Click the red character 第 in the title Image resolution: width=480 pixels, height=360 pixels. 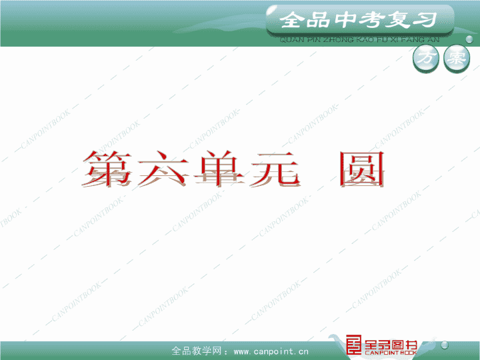(x=107, y=169)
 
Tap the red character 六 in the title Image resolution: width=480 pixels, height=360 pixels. (x=163, y=169)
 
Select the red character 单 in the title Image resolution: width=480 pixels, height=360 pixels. (x=219, y=169)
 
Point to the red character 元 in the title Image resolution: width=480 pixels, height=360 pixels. (x=275, y=169)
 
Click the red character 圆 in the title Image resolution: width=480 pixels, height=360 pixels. (x=362, y=169)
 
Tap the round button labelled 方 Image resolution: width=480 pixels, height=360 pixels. (x=426, y=59)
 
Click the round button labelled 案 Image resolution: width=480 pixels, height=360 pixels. (x=457, y=59)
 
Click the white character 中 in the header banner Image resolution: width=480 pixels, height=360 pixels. (x=345, y=19)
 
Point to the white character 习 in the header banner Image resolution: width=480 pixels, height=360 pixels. (x=425, y=19)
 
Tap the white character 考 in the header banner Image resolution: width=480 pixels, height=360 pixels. (x=371, y=20)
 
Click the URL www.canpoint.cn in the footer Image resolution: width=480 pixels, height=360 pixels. (x=271, y=351)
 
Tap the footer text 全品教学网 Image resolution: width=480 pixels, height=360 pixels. (x=196, y=351)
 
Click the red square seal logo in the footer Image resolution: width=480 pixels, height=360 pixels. (x=353, y=345)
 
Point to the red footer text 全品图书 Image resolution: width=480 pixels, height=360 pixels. (x=391, y=345)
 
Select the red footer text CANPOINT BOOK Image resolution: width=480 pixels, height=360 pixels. (x=391, y=353)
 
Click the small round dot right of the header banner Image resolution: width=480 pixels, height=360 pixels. (x=469, y=39)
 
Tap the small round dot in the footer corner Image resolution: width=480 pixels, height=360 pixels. (x=445, y=345)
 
